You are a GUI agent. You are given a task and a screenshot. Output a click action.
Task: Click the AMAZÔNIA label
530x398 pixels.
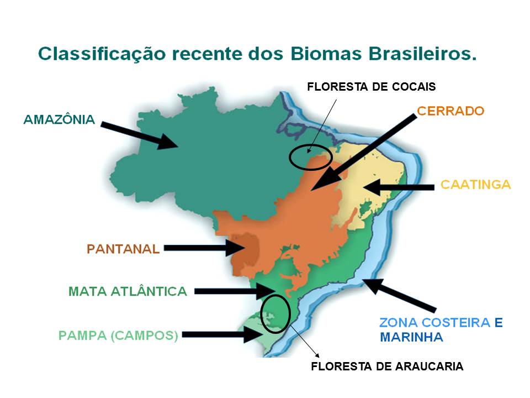[59, 120]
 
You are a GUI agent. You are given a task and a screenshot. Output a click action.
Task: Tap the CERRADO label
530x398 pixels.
[451, 111]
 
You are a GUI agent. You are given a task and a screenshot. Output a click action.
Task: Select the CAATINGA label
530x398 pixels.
[475, 185]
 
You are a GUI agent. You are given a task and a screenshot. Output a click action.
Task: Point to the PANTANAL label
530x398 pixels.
[123, 249]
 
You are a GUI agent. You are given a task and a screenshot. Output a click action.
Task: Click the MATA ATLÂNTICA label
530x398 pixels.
[128, 291]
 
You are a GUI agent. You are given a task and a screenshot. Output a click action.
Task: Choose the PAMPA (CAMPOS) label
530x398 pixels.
[118, 336]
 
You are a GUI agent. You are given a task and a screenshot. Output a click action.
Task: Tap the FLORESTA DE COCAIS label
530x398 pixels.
[371, 87]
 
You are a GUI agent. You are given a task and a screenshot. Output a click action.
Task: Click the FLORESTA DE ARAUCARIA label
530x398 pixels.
[387, 366]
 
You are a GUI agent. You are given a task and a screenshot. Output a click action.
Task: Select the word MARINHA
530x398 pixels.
[411, 337]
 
